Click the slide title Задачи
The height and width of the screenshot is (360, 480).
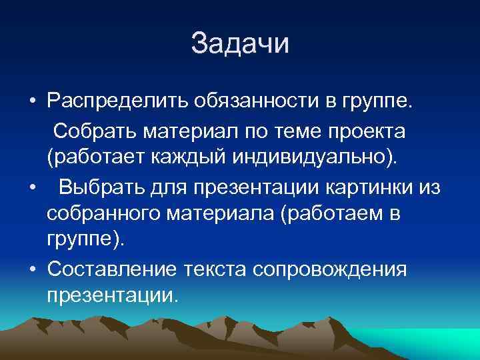pyautogui.click(x=240, y=45)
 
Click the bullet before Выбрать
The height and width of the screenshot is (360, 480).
pyautogui.click(x=32, y=188)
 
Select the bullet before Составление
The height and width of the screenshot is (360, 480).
pyautogui.click(x=32, y=269)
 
